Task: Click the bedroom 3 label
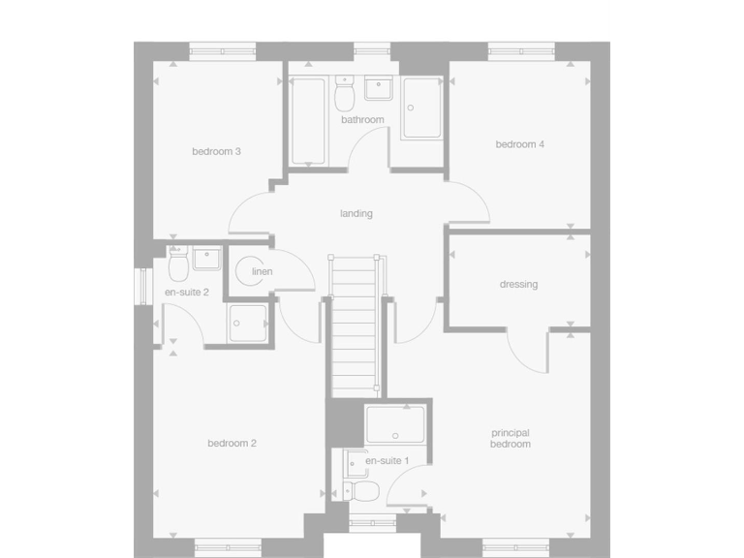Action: click(216, 151)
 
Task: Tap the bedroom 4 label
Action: click(520, 144)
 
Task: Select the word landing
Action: click(356, 213)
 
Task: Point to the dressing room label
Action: click(518, 285)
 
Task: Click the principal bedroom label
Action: click(511, 438)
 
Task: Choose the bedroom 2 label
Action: click(232, 444)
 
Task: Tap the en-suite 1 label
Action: click(387, 461)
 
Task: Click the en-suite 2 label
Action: click(186, 292)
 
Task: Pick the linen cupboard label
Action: click(262, 271)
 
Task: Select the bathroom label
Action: click(362, 120)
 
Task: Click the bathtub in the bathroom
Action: click(308, 120)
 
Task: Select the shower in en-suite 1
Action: click(395, 424)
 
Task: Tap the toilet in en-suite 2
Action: click(178, 263)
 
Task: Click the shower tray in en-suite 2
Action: click(249, 324)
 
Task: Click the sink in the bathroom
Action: click(378, 90)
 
